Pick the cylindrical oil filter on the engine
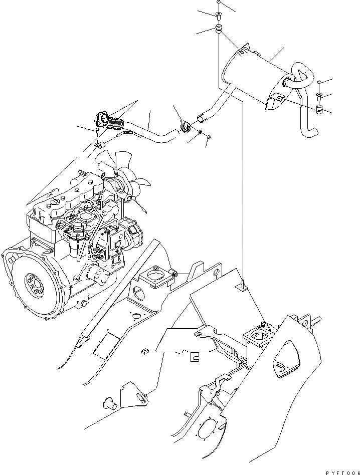[96, 274]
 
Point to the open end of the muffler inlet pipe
[201, 119]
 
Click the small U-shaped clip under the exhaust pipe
[99, 146]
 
